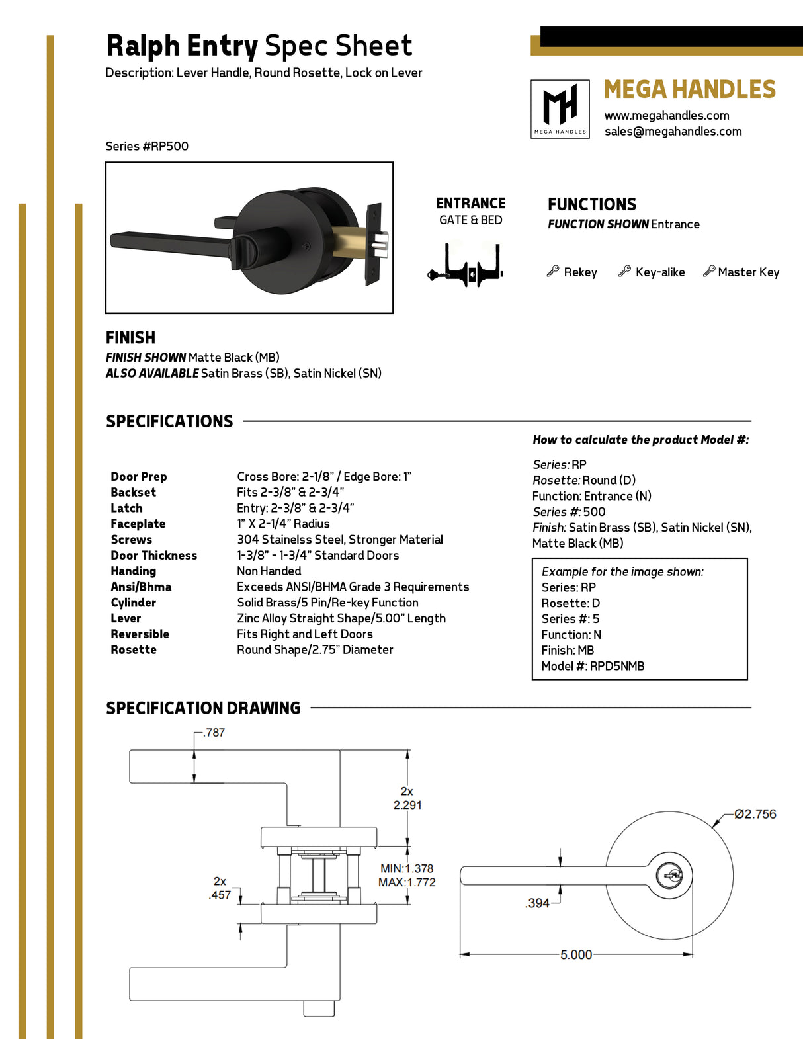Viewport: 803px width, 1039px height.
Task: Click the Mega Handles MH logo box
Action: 560,109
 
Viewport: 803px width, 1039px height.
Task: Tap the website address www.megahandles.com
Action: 666,116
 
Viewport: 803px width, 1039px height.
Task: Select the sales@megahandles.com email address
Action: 673,132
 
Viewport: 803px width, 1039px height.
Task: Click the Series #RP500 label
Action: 147,146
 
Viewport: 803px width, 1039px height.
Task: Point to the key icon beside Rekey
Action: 553,271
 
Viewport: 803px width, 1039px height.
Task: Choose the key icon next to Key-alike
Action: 624,271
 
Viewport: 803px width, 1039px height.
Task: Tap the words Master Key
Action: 748,272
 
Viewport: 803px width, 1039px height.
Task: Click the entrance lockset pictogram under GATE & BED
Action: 466,266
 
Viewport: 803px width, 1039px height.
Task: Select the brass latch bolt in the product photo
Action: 349,241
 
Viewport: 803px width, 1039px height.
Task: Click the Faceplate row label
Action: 138,524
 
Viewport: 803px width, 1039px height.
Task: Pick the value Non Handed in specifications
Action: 269,571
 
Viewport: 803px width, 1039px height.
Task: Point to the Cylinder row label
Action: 133,603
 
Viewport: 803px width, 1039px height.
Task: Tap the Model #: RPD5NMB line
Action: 593,666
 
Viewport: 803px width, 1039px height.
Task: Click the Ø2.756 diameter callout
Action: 755,814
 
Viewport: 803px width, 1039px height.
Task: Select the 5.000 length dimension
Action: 576,954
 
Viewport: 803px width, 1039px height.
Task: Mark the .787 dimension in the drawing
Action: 214,733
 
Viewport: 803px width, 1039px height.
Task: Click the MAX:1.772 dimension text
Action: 407,882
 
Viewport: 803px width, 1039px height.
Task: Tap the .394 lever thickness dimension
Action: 538,903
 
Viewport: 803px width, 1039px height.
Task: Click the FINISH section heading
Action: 130,337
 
